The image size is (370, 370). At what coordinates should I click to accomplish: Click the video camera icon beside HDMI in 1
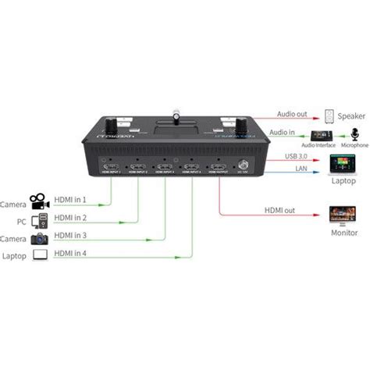(x=38, y=201)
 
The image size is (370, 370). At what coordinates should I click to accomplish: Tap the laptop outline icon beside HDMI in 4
(x=38, y=254)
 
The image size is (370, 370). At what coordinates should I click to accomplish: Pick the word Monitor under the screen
(x=341, y=232)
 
